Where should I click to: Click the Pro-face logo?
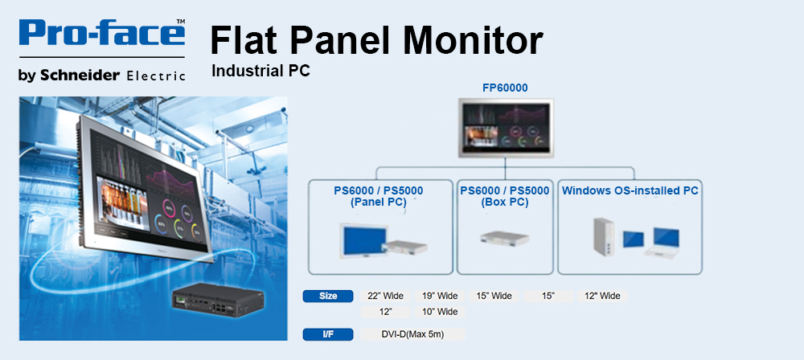[102, 33]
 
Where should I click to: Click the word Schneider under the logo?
[80, 76]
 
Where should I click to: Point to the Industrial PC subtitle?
[261, 71]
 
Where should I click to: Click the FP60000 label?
[505, 88]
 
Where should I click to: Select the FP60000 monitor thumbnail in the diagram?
[506, 128]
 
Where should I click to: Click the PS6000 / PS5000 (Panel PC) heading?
[379, 196]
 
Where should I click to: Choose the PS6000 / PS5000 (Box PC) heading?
[505, 196]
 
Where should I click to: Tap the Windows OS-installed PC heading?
[630, 190]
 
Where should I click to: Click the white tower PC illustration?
[605, 236]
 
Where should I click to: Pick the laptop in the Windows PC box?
[663, 243]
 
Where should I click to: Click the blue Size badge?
[328, 296]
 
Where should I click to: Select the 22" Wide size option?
[386, 296]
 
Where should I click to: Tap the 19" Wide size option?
[440, 296]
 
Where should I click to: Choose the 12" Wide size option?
[602, 296]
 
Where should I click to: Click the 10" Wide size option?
[440, 312]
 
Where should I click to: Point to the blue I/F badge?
[328, 334]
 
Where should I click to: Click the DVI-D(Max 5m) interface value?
[412, 334]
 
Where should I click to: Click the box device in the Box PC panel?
[505, 237]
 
